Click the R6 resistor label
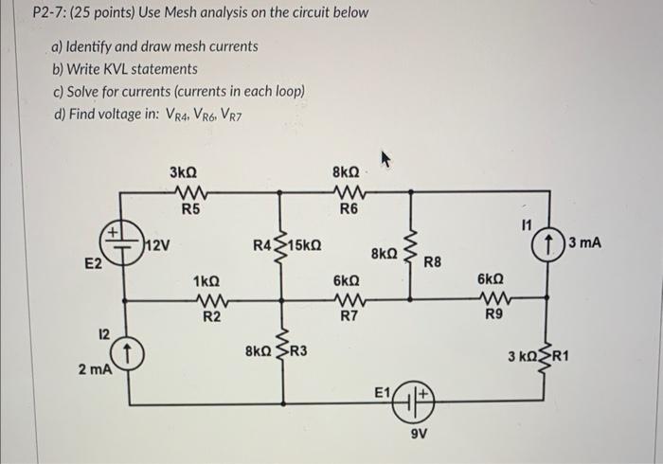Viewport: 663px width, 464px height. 348,208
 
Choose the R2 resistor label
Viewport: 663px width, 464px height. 212,317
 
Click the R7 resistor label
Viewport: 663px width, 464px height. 348,317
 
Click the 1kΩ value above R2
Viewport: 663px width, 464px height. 206,282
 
